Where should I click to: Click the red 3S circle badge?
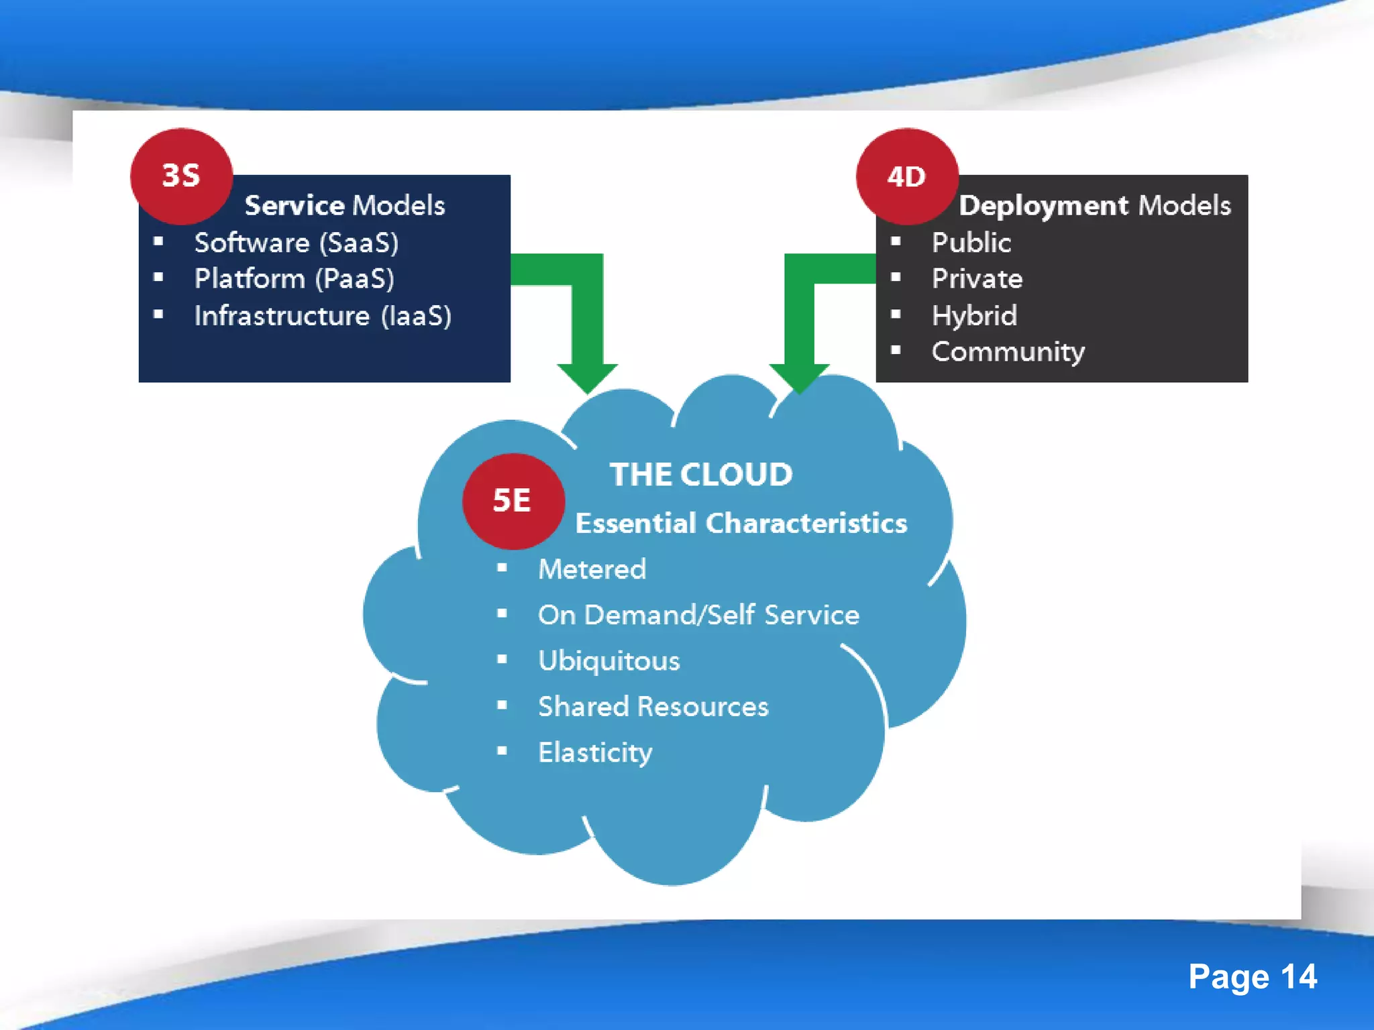pyautogui.click(x=181, y=176)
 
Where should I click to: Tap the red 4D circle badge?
pyautogui.click(x=907, y=176)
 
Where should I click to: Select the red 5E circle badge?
pyautogui.click(x=513, y=501)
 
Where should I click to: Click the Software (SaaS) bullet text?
pyautogui.click(x=296, y=243)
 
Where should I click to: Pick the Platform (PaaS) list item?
pyautogui.click(x=294, y=279)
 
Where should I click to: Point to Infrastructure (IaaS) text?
pyautogui.click(x=323, y=316)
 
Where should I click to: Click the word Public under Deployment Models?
pyautogui.click(x=971, y=243)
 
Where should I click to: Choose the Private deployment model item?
pyautogui.click(x=977, y=279)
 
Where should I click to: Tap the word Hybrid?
pyautogui.click(x=974, y=316)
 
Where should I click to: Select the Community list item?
pyautogui.click(x=1008, y=352)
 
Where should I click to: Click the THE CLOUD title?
pyautogui.click(x=700, y=475)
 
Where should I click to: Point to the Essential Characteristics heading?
pyautogui.click(x=741, y=523)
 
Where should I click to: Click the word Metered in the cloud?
pyautogui.click(x=592, y=569)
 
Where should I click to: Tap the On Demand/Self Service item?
pyautogui.click(x=698, y=615)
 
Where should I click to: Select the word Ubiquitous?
pyautogui.click(x=609, y=661)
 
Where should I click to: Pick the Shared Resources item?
pyautogui.click(x=653, y=707)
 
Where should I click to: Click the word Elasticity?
pyautogui.click(x=595, y=752)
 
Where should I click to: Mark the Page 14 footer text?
pyautogui.click(x=1252, y=976)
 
